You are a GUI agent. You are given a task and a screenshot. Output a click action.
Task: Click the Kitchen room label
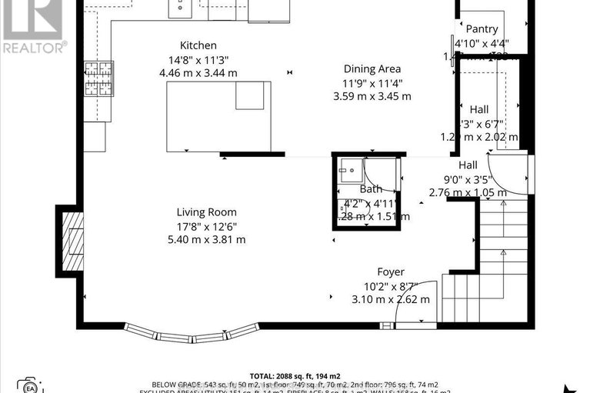(x=198, y=46)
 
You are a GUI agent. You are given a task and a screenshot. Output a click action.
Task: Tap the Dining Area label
(x=372, y=68)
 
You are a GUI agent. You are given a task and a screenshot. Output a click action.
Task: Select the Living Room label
(x=206, y=212)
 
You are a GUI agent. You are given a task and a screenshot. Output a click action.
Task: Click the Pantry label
(x=482, y=29)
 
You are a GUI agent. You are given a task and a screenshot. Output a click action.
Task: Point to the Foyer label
(x=390, y=272)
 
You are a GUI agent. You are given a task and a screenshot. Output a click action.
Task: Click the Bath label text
(x=371, y=189)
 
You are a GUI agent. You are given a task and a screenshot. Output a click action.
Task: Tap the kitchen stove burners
(x=98, y=78)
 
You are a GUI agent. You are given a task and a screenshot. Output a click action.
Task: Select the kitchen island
(x=218, y=115)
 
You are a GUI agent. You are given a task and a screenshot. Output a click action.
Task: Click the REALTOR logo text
(x=35, y=47)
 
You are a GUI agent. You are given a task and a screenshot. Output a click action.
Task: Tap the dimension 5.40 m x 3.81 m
(x=206, y=239)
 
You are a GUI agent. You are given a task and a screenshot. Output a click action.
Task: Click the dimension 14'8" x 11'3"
(x=198, y=60)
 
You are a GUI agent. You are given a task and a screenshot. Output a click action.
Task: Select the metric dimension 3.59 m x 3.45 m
(x=372, y=96)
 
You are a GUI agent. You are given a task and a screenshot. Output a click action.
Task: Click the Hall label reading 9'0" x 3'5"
(x=468, y=179)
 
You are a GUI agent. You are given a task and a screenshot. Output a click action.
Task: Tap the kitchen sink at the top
(x=180, y=8)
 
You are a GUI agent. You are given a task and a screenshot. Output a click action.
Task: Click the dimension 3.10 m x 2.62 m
(x=391, y=299)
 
